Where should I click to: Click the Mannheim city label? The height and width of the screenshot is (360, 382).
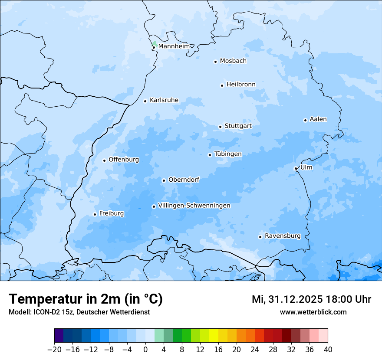click(x=174, y=46)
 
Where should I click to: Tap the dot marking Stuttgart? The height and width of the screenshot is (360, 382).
click(x=220, y=127)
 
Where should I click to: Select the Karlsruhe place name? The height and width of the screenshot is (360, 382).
click(x=164, y=100)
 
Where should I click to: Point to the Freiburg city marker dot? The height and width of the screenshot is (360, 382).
click(x=95, y=214)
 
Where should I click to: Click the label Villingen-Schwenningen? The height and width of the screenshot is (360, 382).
click(x=194, y=206)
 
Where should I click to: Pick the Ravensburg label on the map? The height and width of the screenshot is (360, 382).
click(x=282, y=236)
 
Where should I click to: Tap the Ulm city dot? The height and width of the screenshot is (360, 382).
click(x=296, y=168)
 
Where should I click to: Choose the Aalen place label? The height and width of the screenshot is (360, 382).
click(x=318, y=119)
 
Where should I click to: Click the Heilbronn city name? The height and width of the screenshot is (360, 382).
click(x=241, y=84)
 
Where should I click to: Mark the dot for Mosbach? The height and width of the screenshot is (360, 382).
click(x=215, y=62)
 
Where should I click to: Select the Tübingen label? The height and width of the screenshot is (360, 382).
click(x=228, y=154)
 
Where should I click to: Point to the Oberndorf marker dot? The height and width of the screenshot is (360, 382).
click(x=164, y=180)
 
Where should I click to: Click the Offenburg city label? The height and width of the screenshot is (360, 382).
click(x=124, y=160)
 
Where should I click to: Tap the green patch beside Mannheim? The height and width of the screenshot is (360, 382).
click(x=154, y=43)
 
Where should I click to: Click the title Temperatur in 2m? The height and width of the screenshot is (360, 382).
click(x=86, y=299)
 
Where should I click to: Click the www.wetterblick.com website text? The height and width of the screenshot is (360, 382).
click(x=313, y=312)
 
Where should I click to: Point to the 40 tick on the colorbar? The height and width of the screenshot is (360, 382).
click(x=328, y=350)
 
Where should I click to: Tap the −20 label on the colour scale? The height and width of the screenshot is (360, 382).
click(x=54, y=350)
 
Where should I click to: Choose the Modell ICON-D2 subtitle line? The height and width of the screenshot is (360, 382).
click(x=79, y=312)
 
